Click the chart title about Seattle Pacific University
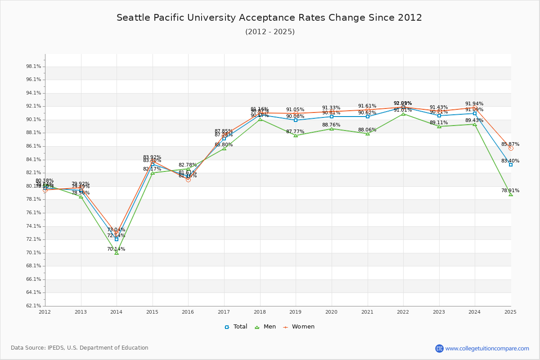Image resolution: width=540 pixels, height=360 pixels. (x=269, y=18)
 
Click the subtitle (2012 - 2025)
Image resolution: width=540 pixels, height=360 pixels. (x=270, y=32)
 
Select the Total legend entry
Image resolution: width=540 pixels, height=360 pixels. (x=236, y=327)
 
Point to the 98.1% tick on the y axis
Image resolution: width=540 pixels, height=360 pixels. (x=34, y=67)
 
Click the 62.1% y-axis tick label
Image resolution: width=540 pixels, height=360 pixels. (x=34, y=306)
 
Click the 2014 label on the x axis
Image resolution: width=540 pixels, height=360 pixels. (x=117, y=312)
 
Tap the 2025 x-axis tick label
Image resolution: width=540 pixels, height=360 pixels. (x=510, y=312)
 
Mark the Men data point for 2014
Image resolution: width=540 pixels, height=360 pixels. (x=117, y=253)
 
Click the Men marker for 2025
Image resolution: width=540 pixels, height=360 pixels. (x=511, y=194)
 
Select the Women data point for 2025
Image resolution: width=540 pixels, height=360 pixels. (x=511, y=148)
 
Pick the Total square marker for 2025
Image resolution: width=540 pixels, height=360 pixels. (x=511, y=165)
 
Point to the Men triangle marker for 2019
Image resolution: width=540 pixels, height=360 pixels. (x=296, y=135)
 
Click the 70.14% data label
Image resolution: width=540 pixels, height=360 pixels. (x=116, y=249)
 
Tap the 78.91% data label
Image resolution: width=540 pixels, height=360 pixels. (x=510, y=190)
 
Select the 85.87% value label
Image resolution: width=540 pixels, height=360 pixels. (x=510, y=144)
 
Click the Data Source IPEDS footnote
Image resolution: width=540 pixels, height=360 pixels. (x=80, y=348)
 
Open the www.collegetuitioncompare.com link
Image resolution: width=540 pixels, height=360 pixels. (x=487, y=348)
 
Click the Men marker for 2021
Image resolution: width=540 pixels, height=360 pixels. (x=368, y=134)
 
